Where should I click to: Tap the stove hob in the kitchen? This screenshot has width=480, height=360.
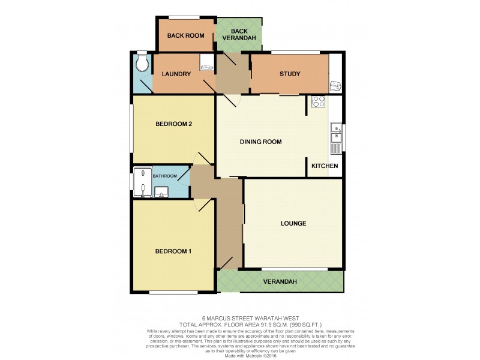(317, 102)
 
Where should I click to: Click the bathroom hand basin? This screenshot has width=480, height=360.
(161, 192)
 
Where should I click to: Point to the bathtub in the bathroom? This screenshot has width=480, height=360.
(142, 182)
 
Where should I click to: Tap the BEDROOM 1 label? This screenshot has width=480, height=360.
(173, 251)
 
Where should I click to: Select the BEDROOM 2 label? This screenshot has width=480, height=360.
(173, 124)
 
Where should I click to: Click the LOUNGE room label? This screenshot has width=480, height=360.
(293, 224)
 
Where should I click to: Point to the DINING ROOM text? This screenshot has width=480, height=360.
(261, 142)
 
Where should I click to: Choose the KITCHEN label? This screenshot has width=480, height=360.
(325, 166)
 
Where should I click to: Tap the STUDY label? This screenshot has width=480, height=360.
(289, 74)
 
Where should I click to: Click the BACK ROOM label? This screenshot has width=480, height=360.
(185, 35)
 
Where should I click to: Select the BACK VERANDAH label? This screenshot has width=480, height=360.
(239, 34)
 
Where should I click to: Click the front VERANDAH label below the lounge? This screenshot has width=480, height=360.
(280, 281)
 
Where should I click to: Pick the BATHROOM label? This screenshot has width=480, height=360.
(164, 176)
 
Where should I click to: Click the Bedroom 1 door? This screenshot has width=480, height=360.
(204, 205)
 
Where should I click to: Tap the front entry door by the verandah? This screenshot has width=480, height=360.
(226, 262)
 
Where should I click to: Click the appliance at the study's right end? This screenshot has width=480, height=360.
(335, 86)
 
